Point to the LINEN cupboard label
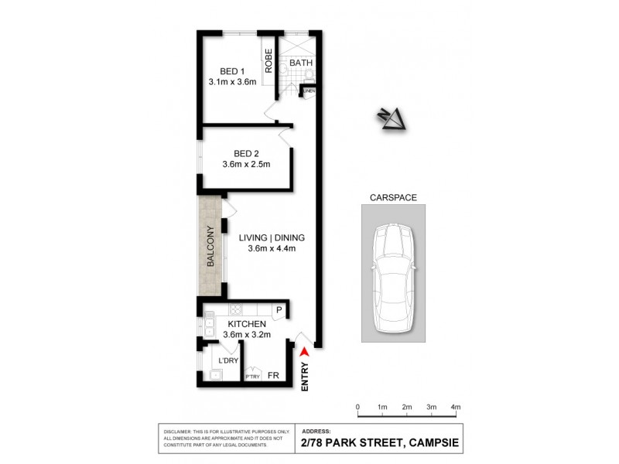pos(309,91)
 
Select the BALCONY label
pos(210,247)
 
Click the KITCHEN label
pos(247,323)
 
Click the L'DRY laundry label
pos(228,360)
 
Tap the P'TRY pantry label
pos(252,377)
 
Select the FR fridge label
pos(273,376)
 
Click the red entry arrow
pos(305,353)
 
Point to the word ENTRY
pos(305,377)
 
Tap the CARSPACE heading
pos(392,197)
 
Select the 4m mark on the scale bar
pos(455,407)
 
